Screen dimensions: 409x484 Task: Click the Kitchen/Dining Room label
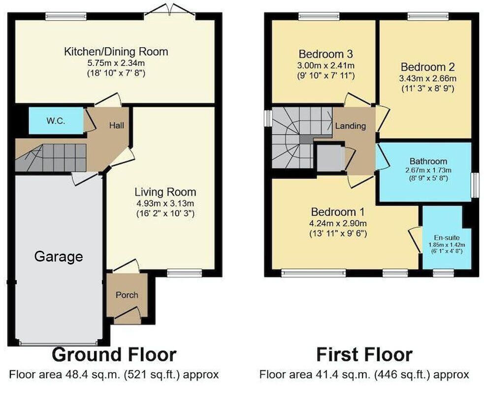click(x=116, y=52)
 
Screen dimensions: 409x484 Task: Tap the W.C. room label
click(x=56, y=121)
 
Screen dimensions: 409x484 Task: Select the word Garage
click(x=58, y=256)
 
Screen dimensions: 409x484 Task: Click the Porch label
click(x=127, y=295)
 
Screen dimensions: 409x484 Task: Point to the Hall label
click(x=117, y=126)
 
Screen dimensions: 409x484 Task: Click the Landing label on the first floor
click(x=350, y=126)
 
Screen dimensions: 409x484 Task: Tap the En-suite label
click(x=447, y=237)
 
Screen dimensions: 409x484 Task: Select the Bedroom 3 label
click(x=325, y=54)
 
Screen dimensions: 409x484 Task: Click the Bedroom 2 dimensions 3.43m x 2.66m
click(x=428, y=78)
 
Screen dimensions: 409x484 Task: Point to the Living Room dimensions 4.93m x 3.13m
click(x=165, y=204)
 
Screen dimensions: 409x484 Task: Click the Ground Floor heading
click(x=114, y=354)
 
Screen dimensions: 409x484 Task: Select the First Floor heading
click(x=364, y=354)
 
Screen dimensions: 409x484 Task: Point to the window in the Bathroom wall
click(x=475, y=185)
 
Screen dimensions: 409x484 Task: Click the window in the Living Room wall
click(x=184, y=272)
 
